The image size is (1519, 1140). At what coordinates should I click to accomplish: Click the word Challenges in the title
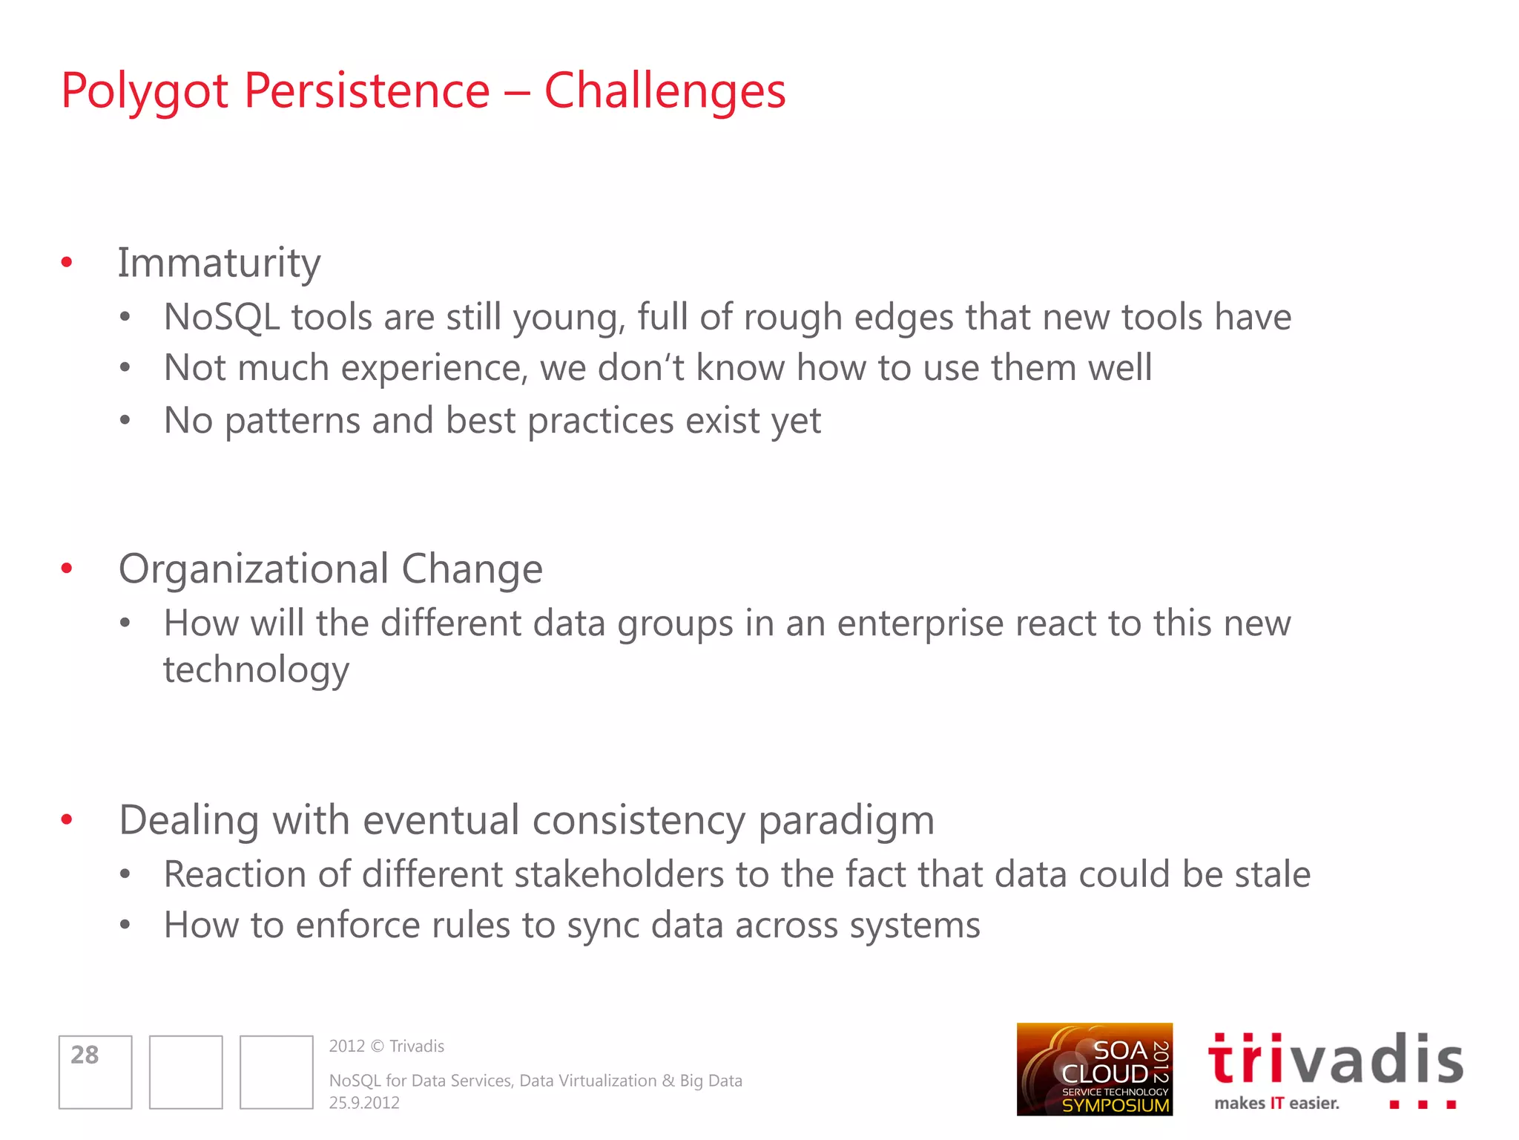[665, 91]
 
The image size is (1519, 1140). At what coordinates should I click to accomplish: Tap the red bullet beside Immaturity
[67, 262]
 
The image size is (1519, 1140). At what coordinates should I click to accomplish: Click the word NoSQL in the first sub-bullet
[221, 318]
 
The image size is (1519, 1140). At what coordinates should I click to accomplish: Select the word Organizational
[254, 570]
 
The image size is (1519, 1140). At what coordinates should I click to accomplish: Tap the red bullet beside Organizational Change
[67, 569]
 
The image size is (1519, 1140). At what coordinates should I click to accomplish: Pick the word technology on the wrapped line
[256, 671]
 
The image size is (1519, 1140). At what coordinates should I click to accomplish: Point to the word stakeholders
[619, 875]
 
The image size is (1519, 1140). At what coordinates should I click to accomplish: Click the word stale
[1272, 875]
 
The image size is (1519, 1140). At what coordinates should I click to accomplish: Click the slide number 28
[85, 1055]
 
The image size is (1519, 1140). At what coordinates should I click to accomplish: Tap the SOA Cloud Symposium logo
[1094, 1069]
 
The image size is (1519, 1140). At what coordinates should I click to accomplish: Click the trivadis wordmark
[1335, 1060]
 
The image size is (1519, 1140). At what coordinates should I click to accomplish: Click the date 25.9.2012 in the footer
[364, 1103]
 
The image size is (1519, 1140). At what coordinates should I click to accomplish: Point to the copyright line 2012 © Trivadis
[386, 1046]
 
